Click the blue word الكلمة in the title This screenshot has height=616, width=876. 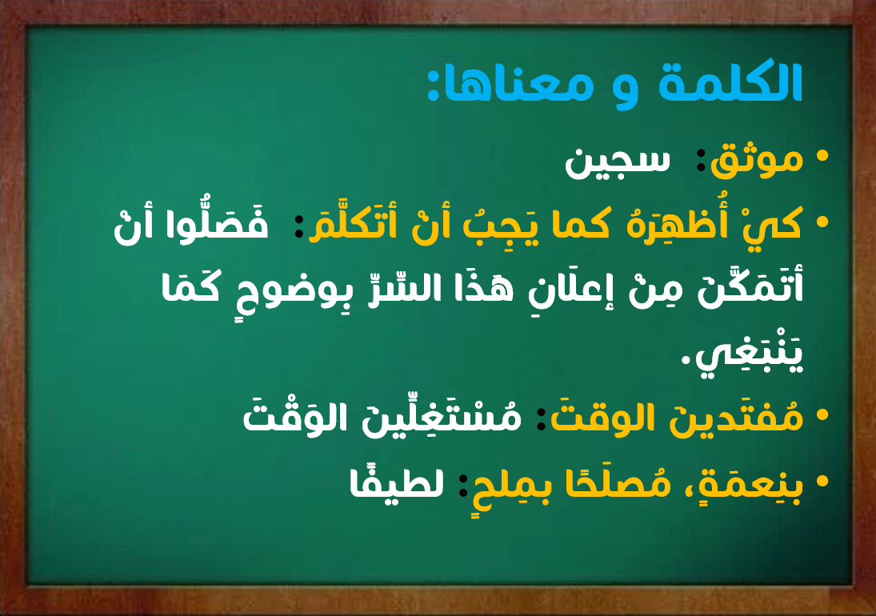pos(730,82)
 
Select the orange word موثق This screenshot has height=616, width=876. pos(757,160)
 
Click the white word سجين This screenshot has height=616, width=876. pos(618,162)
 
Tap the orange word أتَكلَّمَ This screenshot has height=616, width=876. pos(353,223)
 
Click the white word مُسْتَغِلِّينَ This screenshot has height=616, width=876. pos(442,417)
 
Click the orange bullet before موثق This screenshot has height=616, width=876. pos(822,156)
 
